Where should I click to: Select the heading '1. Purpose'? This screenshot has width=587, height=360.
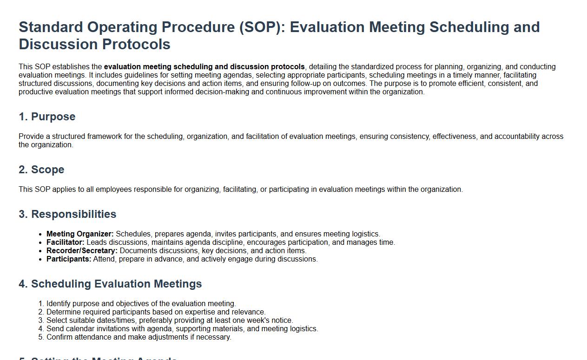point(47,117)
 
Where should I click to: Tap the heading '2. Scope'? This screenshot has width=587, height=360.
point(41,170)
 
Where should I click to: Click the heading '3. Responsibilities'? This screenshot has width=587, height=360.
point(67,214)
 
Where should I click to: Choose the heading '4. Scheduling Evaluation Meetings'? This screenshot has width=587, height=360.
point(110,284)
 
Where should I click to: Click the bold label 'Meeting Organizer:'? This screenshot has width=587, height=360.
point(80,234)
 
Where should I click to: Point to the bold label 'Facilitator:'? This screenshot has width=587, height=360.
point(65,242)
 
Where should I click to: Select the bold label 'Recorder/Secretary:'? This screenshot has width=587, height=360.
point(82,250)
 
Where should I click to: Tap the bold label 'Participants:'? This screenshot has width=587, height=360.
point(69,259)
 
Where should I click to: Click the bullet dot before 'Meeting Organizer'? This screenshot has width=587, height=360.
point(40,234)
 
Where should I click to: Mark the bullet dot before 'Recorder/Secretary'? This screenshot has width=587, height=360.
point(40,251)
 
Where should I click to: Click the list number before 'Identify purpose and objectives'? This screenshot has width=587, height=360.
point(41,304)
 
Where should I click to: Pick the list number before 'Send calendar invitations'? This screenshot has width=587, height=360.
point(41,329)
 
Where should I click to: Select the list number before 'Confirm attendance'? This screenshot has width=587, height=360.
point(41,337)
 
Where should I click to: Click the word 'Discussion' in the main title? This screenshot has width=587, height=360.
point(58,44)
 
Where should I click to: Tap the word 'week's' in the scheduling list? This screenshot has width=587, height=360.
point(265,321)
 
